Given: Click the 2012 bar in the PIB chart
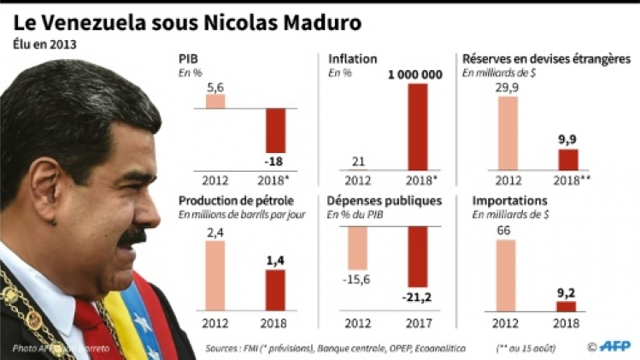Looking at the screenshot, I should tap(215, 101).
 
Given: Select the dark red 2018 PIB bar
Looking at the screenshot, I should tap(276, 130).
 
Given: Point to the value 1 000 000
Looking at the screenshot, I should tap(414, 75).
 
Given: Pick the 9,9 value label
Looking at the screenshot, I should tap(567, 139).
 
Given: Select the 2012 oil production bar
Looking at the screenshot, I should tap(215, 275).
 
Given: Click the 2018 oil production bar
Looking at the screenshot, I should tap(276, 289).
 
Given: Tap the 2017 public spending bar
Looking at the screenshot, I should tap(418, 257).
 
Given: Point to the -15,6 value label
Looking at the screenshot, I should tap(357, 280).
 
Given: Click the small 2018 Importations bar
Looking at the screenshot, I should tap(567, 305).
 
